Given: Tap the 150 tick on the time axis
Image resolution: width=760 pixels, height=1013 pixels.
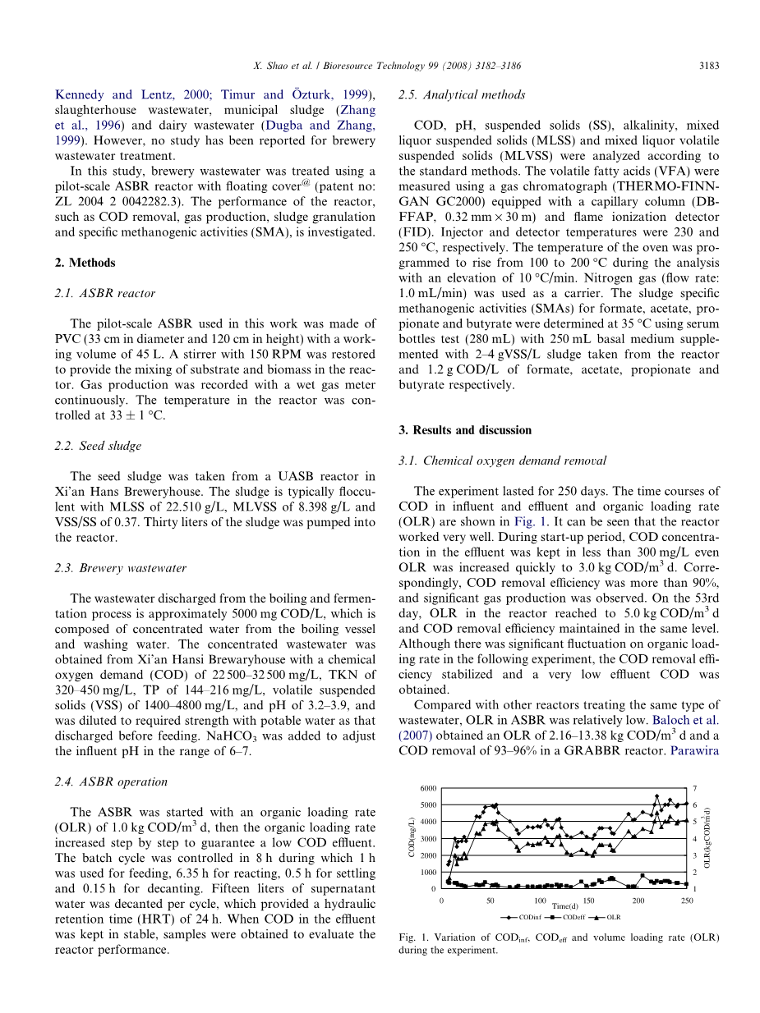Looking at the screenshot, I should click(x=588, y=901).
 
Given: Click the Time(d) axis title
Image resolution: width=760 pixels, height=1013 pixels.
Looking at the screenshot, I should click(x=564, y=905).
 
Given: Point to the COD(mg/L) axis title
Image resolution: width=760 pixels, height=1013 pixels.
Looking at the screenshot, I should click(x=411, y=838).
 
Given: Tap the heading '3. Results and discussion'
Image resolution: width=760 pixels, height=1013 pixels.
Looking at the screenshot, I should click(x=465, y=430).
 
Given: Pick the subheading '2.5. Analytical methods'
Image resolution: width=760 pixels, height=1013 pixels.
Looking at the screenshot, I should click(x=462, y=94).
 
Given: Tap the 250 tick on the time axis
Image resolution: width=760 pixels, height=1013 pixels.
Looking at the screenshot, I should click(x=687, y=901).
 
